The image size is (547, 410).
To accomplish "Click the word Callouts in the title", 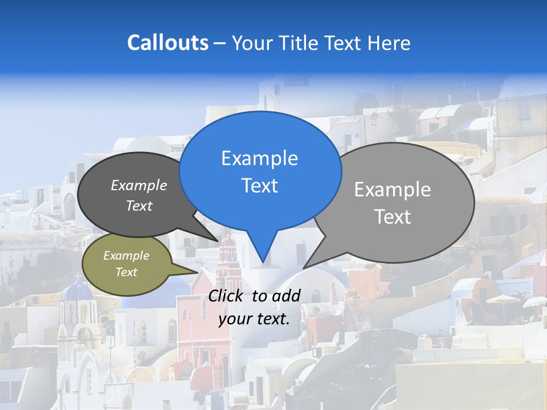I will (x=168, y=43).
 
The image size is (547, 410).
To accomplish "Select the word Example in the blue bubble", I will (x=259, y=158).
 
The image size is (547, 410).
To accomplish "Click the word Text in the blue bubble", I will (x=259, y=186).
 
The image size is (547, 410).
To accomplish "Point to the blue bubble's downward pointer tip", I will (x=263, y=261).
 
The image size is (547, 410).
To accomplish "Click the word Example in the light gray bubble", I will (x=393, y=190).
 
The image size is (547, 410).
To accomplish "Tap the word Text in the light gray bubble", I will (x=393, y=217).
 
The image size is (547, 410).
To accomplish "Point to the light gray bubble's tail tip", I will (x=304, y=267).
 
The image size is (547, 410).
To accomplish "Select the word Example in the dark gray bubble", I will (x=138, y=185).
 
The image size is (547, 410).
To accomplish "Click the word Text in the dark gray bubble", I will (x=139, y=206).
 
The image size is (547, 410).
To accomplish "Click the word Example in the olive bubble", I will (x=126, y=256).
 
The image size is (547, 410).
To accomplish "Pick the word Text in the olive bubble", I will (x=126, y=272).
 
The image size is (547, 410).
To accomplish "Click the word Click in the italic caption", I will (x=227, y=296).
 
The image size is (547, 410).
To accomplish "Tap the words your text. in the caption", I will (x=254, y=319).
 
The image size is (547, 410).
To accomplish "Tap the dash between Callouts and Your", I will (x=220, y=43).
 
